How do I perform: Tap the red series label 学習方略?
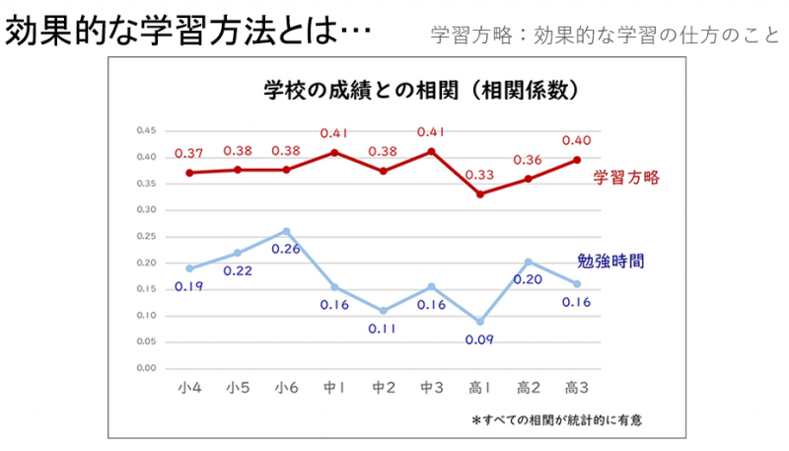[x=625, y=178]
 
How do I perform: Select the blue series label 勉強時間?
[x=610, y=262]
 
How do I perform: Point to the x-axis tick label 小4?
[x=190, y=387]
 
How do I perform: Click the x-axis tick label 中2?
[x=384, y=387]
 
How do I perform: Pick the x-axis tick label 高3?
[x=576, y=387]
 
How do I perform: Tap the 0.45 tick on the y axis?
[x=146, y=130]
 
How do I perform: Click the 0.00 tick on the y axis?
[x=146, y=368]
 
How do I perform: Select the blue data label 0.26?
[x=286, y=249]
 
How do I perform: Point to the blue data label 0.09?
[x=479, y=340]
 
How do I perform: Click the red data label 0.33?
[x=479, y=175]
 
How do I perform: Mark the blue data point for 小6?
[x=286, y=231]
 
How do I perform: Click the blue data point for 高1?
[x=479, y=322]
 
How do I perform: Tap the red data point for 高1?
[x=479, y=194]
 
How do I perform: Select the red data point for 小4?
[x=189, y=173]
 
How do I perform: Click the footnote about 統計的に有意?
[x=563, y=419]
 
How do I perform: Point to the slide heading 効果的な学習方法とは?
[x=188, y=33]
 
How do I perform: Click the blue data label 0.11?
[x=384, y=329]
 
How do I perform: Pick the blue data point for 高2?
[x=528, y=262]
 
